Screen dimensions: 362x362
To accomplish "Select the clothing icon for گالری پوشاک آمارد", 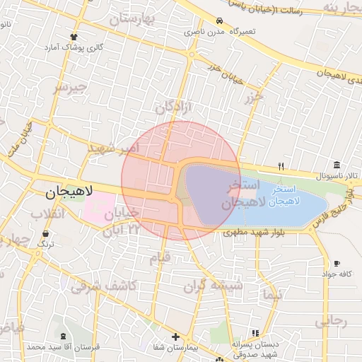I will tap(74, 36).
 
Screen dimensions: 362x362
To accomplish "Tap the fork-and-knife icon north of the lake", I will tap(281, 166).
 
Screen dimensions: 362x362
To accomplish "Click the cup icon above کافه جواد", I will tap(337, 264).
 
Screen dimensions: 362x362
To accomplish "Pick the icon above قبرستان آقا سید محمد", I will tap(64, 337).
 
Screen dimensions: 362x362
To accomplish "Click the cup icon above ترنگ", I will tap(46, 233).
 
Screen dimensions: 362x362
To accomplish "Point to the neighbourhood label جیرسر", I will tap(69, 88).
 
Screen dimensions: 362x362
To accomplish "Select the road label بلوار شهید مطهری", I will tap(253, 232).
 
